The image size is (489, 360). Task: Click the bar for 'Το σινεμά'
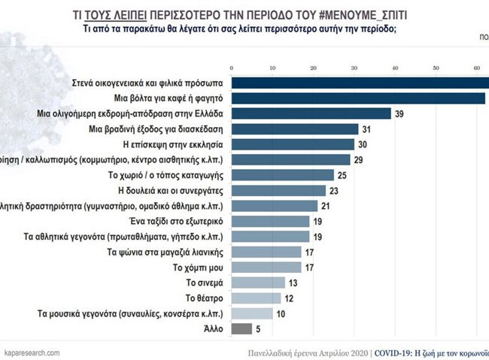pyautogui.click(x=258, y=283)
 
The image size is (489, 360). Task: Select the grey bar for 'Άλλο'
pyautogui.click(x=241, y=328)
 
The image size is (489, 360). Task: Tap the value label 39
pyautogui.click(x=399, y=113)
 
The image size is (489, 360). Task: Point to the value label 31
pyautogui.click(x=366, y=129)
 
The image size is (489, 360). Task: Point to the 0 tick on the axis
pyautogui.click(x=232, y=66)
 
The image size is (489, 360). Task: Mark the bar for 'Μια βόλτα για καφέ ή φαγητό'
pyautogui.click(x=358, y=98)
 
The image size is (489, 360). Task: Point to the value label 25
pyautogui.click(x=342, y=175)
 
